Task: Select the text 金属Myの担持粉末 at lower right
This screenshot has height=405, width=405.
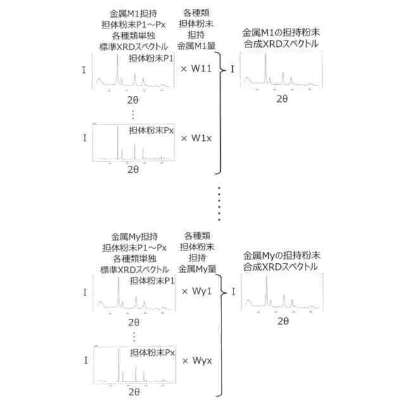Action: click(282, 256)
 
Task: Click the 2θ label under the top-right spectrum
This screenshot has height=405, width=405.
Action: click(282, 99)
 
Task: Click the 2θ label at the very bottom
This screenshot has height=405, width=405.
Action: click(133, 392)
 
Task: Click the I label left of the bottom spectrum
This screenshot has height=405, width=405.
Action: click(85, 361)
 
